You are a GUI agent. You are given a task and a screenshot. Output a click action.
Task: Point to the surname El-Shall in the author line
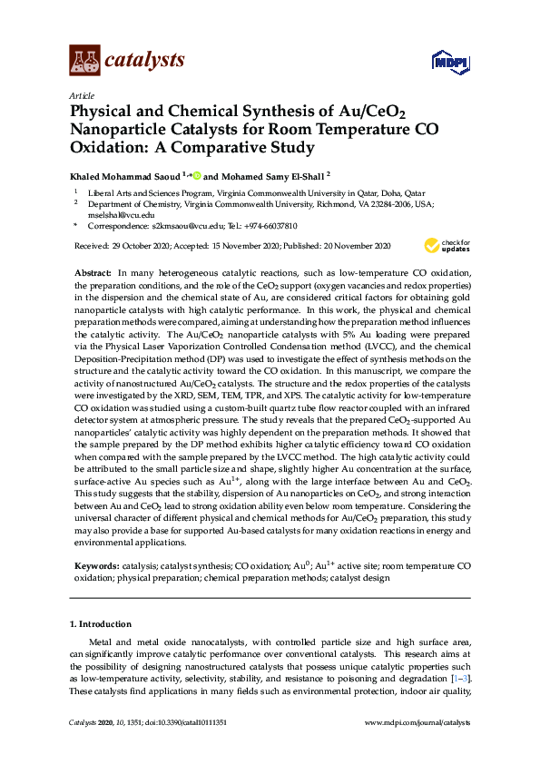304,176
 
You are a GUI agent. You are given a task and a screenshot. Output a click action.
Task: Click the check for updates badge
446,245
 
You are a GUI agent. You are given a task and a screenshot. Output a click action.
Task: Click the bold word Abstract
93,273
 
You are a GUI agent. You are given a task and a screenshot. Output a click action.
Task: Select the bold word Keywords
95,565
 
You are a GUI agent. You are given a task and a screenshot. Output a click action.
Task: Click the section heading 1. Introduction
101,624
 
